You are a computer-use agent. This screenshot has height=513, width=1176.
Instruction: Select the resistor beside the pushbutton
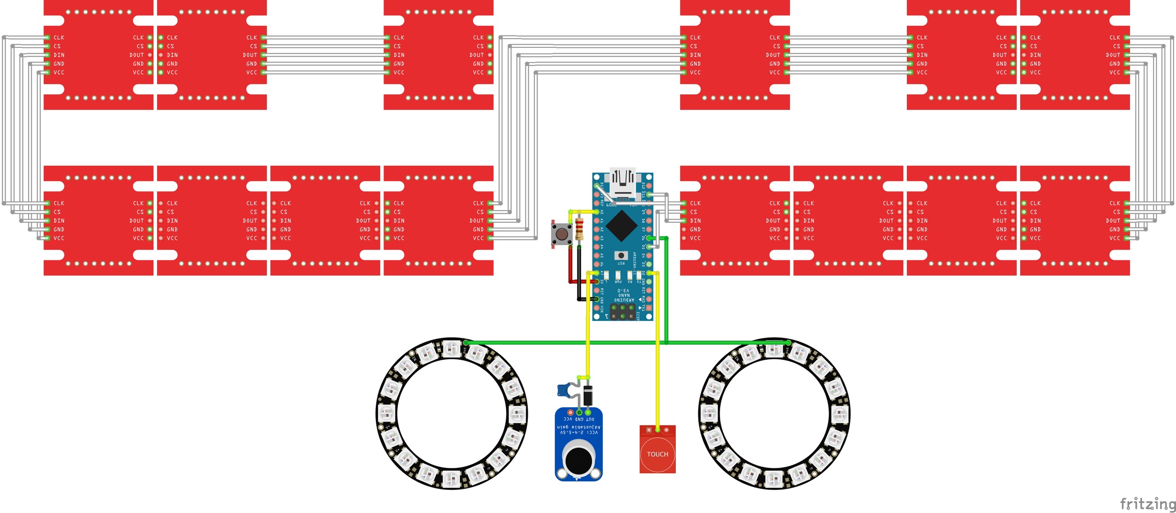pyautogui.click(x=579, y=228)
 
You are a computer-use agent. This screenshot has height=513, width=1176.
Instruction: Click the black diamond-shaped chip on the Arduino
pyautogui.click(x=621, y=225)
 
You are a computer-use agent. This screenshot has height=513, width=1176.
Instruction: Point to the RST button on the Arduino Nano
pyautogui.click(x=621, y=256)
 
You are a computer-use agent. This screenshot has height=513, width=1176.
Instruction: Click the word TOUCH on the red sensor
pyautogui.click(x=657, y=454)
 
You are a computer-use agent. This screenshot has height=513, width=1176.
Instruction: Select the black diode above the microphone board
pyautogui.click(x=588, y=395)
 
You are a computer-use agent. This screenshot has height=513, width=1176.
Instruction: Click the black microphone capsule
pyautogui.click(x=578, y=460)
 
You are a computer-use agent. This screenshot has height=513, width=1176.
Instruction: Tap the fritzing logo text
pyautogui.click(x=1148, y=504)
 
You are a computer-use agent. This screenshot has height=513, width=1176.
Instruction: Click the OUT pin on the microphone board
pyautogui.click(x=588, y=412)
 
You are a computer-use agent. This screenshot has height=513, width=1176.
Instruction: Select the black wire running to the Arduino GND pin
pyautogui.click(x=579, y=285)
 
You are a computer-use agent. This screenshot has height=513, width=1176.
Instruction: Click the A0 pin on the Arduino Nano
pyautogui.click(x=596, y=212)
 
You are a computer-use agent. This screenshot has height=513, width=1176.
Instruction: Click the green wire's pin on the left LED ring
pyautogui.click(x=466, y=343)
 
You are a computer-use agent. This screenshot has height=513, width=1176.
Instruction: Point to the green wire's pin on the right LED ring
pyautogui.click(x=788, y=343)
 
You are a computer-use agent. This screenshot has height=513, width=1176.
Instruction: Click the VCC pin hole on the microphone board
pyautogui.click(x=570, y=412)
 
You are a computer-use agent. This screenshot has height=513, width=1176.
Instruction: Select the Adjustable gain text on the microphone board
pyautogui.click(x=578, y=427)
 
